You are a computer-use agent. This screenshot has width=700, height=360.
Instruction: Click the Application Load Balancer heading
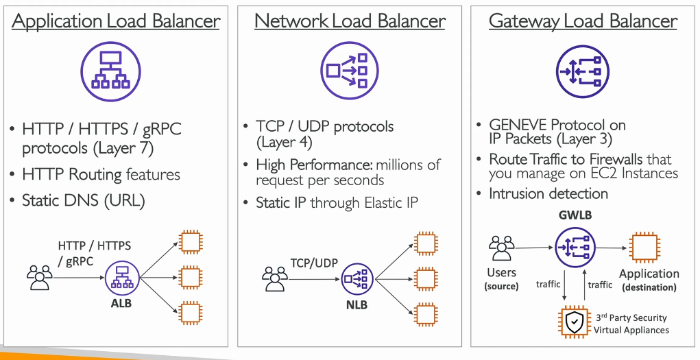tap(116, 21)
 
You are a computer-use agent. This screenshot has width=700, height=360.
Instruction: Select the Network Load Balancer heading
tap(350, 21)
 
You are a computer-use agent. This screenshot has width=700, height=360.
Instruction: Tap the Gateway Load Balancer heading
tap(583, 21)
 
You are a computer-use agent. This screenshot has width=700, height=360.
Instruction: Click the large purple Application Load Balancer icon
tap(110, 71)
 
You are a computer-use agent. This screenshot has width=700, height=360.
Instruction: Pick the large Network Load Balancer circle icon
tap(349, 70)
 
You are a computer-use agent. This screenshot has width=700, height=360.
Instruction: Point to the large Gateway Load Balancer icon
tap(583, 71)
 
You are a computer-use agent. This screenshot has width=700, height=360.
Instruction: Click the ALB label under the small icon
tap(122, 304)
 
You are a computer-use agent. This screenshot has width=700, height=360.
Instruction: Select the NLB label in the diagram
tap(357, 306)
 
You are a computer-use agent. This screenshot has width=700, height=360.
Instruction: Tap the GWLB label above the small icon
tap(575, 215)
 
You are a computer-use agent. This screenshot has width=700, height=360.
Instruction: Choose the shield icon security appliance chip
tap(573, 321)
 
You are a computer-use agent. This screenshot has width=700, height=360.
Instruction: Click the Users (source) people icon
tap(502, 248)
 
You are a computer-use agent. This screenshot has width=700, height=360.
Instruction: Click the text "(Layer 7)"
tap(123, 148)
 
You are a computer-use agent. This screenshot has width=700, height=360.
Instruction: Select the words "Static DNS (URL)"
tap(84, 200)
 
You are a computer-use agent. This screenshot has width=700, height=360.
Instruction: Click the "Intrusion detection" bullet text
tap(548, 193)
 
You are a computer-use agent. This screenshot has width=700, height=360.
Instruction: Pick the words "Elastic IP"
tap(391, 203)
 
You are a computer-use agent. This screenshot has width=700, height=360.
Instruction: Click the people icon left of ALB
tap(40, 278)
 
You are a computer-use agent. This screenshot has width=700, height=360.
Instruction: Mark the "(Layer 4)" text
tap(285, 143)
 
